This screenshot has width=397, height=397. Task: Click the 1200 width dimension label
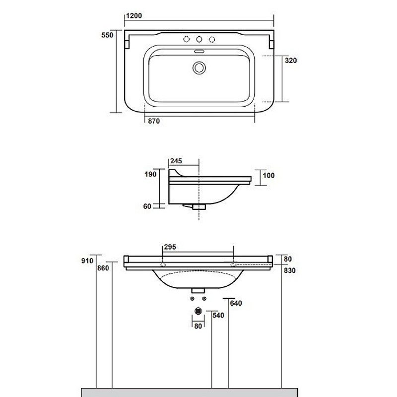pyautogui.click(x=134, y=16)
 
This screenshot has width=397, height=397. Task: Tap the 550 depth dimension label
pyautogui.click(x=107, y=35)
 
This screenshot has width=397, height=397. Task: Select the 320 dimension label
pyautogui.click(x=291, y=61)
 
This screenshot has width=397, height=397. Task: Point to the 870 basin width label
pyautogui.click(x=154, y=121)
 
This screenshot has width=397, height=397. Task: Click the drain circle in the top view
pyautogui.click(x=199, y=68)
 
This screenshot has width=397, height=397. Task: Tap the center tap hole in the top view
pyautogui.click(x=199, y=39)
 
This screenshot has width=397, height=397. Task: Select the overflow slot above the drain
pyautogui.click(x=199, y=52)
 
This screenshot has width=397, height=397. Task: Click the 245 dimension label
pyautogui.click(x=176, y=161)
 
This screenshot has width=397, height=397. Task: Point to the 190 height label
pyautogui.click(x=150, y=174)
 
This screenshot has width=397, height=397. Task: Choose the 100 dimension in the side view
pyautogui.click(x=268, y=176)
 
